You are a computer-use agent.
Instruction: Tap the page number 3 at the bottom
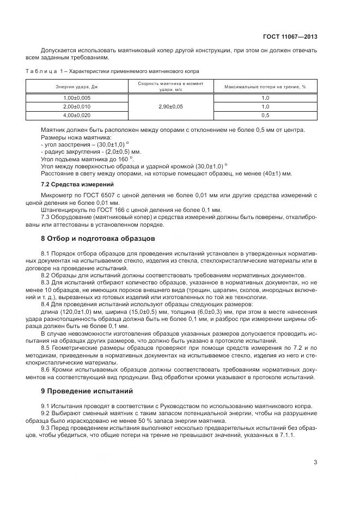(x=315, y=463)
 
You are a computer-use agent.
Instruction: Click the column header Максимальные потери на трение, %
(x=265, y=87)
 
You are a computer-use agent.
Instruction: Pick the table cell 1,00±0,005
(x=77, y=98)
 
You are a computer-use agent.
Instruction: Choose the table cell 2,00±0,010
(x=77, y=106)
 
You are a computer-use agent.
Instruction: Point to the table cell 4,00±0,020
(x=77, y=115)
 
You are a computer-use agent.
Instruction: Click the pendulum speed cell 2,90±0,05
(x=170, y=106)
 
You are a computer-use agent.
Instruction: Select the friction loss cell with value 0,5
(x=265, y=115)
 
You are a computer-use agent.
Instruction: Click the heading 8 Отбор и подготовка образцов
(x=98, y=239)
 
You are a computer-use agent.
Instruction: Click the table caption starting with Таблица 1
(x=112, y=71)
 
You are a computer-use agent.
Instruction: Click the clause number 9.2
(x=46, y=413)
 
